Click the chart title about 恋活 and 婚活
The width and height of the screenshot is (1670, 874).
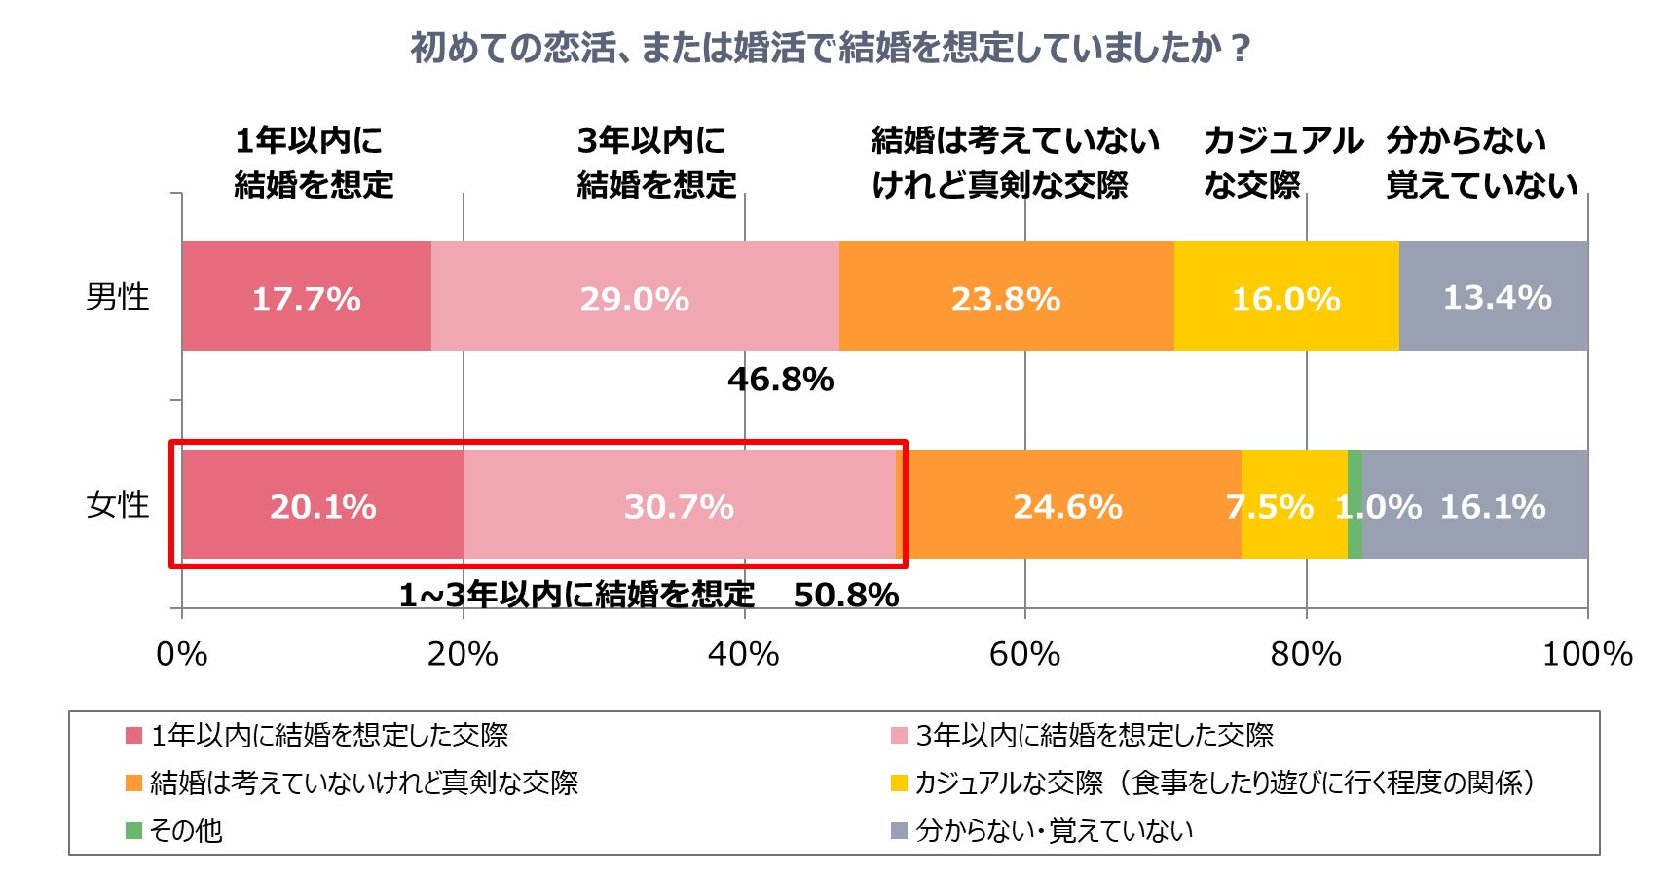pyautogui.click(x=830, y=47)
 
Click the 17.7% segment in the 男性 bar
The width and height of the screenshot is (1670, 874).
pyautogui.click(x=306, y=297)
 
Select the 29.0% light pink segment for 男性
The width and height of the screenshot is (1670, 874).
pyautogui.click(x=634, y=297)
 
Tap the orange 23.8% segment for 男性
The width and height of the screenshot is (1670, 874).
pyautogui.click(x=1005, y=297)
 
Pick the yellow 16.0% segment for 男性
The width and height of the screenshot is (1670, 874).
pyautogui.click(x=1285, y=297)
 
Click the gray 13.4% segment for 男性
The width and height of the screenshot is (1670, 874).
pyautogui.click(x=1496, y=297)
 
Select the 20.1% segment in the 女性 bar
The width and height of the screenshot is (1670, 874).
pyautogui.click(x=322, y=505)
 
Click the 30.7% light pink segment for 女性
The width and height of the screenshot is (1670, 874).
pyautogui.click(x=679, y=505)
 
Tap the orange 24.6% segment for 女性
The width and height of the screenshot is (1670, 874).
pyautogui.click(x=1067, y=505)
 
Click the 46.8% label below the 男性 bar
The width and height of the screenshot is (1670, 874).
pyautogui.click(x=780, y=379)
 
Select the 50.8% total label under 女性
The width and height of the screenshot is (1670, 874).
pyautogui.click(x=845, y=595)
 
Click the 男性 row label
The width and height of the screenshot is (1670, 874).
pyautogui.click(x=117, y=297)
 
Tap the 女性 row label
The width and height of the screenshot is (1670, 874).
pyautogui.click(x=117, y=504)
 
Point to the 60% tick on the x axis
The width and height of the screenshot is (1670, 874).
pyautogui.click(x=1024, y=654)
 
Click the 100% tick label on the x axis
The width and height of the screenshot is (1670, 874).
pyautogui.click(x=1586, y=654)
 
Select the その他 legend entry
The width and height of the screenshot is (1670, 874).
pyautogui.click(x=185, y=830)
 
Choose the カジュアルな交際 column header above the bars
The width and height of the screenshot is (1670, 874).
pyautogui.click(x=1281, y=162)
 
